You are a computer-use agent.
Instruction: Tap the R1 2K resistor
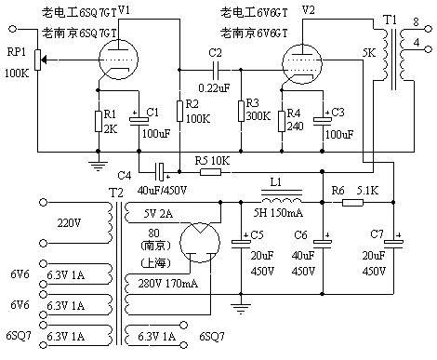98,120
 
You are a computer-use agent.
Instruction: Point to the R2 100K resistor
179,120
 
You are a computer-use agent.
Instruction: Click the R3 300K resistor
239,120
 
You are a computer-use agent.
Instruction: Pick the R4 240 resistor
282,120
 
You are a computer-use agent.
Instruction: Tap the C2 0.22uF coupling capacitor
216,70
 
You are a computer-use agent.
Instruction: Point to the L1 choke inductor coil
281,202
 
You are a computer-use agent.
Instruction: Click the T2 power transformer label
115,191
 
